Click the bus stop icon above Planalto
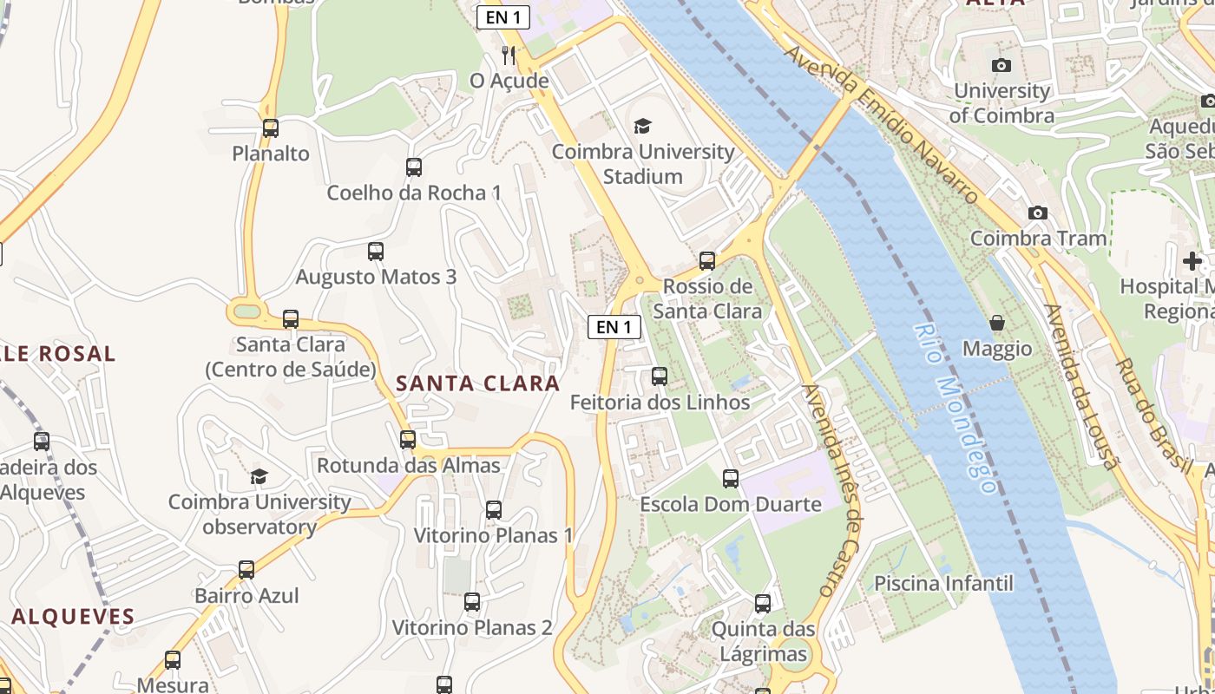(271, 128)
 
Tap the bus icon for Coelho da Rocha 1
(414, 167)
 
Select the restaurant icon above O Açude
(509, 56)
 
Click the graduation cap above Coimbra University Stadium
(642, 127)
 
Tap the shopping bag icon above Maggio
(997, 324)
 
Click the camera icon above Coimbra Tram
(1037, 213)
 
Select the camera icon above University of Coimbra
(1001, 65)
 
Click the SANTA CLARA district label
(478, 383)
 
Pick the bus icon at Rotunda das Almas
(408, 440)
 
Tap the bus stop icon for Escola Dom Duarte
(731, 479)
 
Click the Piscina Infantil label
(943, 583)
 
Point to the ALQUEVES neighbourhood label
(74, 618)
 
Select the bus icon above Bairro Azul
(246, 570)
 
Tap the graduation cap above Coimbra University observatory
(259, 476)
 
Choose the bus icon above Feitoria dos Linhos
(660, 376)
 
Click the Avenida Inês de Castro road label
(833, 490)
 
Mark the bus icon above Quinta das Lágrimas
(763, 604)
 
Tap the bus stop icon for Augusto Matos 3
(376, 252)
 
